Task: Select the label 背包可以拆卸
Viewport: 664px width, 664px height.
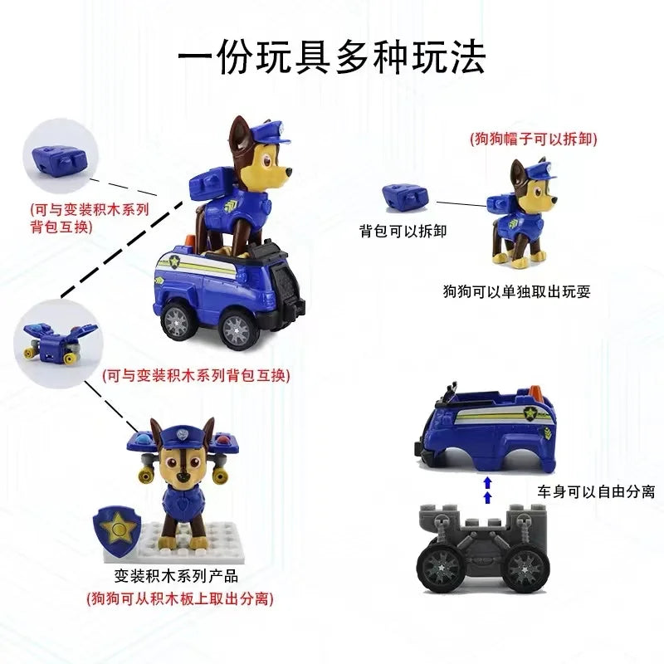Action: click(403, 231)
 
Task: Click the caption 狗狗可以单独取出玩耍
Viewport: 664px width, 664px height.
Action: click(515, 291)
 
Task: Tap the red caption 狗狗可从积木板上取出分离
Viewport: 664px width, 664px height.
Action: click(180, 598)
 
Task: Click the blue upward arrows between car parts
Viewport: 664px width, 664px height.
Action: click(487, 489)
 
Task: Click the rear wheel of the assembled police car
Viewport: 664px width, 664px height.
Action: click(179, 320)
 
